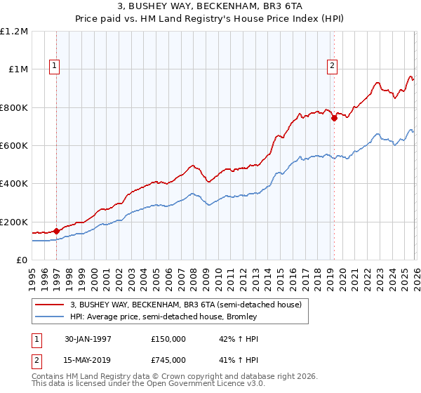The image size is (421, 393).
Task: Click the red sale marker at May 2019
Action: (334, 118)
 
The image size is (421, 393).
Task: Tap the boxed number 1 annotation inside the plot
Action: (55, 66)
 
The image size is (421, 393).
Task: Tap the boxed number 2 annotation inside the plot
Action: (332, 66)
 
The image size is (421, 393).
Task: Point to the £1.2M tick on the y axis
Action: (14, 32)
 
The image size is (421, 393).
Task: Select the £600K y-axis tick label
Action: (14, 146)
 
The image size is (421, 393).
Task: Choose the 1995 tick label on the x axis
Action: (32, 274)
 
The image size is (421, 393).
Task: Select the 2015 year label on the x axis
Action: (280, 274)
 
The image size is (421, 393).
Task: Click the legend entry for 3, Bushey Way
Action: (185, 305)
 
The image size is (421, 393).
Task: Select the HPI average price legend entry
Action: (163, 317)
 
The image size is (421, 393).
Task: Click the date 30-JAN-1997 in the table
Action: (88, 339)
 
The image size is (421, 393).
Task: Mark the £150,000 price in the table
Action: (168, 339)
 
